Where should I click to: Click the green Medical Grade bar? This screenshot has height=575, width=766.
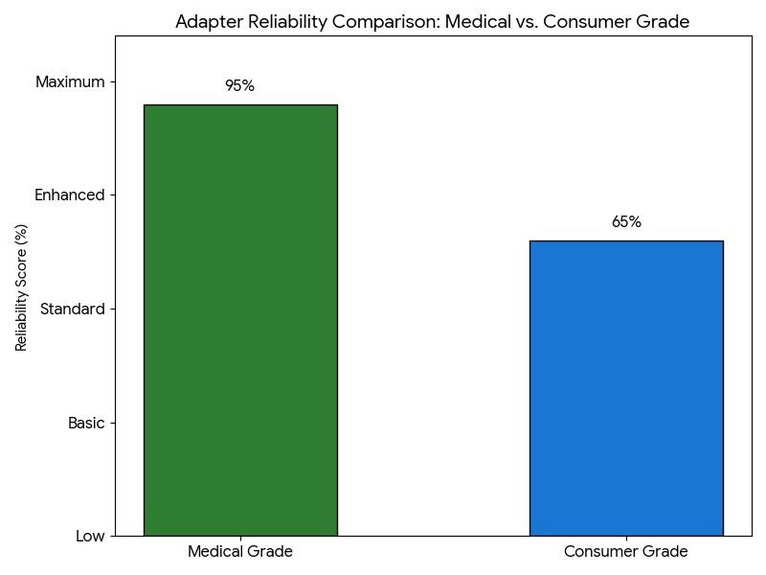click(240, 320)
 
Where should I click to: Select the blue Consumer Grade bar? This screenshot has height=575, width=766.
click(626, 388)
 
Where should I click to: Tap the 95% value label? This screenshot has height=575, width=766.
click(239, 86)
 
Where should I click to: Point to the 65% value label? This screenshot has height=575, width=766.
click(626, 222)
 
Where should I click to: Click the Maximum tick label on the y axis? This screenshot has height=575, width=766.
click(70, 82)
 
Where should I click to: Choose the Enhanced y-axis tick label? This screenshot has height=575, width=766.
click(69, 195)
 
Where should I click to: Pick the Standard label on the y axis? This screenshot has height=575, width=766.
click(72, 310)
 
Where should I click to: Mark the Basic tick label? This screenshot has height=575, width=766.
click(86, 423)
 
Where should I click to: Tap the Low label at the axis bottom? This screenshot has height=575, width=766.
click(90, 537)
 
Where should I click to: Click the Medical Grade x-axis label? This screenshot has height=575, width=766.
click(240, 552)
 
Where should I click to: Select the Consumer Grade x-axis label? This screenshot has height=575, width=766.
click(626, 552)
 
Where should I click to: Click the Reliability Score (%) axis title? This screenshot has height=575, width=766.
click(22, 287)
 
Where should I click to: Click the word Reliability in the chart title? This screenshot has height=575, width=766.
click(284, 22)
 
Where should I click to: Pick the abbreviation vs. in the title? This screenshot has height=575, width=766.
click(525, 22)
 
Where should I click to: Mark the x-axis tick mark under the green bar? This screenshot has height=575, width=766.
click(240, 539)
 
